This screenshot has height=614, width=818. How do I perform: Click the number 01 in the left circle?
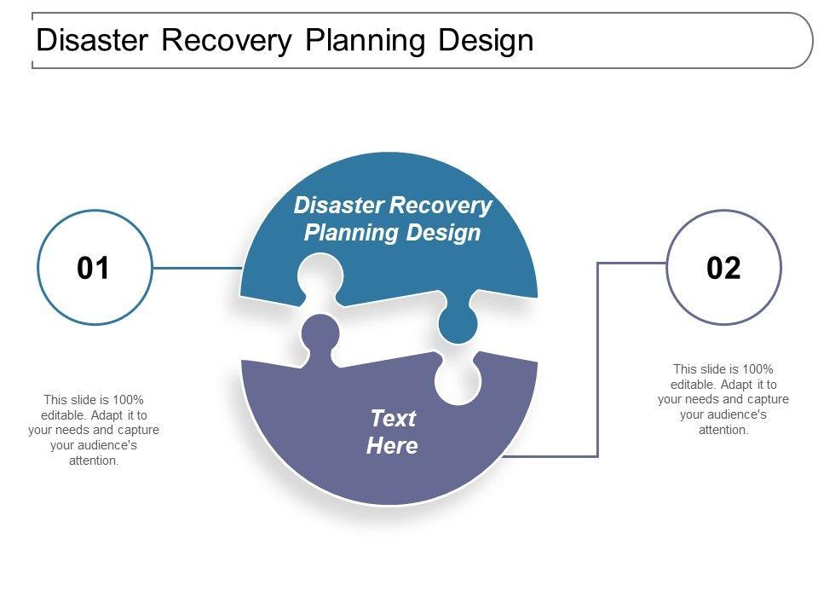click(94, 269)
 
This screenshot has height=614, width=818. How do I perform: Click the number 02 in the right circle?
click(723, 269)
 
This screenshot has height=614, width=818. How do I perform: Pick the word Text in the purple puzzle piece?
click(392, 419)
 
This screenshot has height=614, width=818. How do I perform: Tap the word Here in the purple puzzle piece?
click(392, 446)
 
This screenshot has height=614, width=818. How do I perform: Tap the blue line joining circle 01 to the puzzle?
click(196, 269)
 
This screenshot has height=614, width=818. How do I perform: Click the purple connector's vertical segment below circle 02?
click(598, 358)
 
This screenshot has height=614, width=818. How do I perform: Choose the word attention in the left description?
click(93, 460)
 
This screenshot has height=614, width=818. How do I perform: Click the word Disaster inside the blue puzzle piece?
click(337, 206)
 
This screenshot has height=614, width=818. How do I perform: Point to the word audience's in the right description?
click(723, 414)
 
